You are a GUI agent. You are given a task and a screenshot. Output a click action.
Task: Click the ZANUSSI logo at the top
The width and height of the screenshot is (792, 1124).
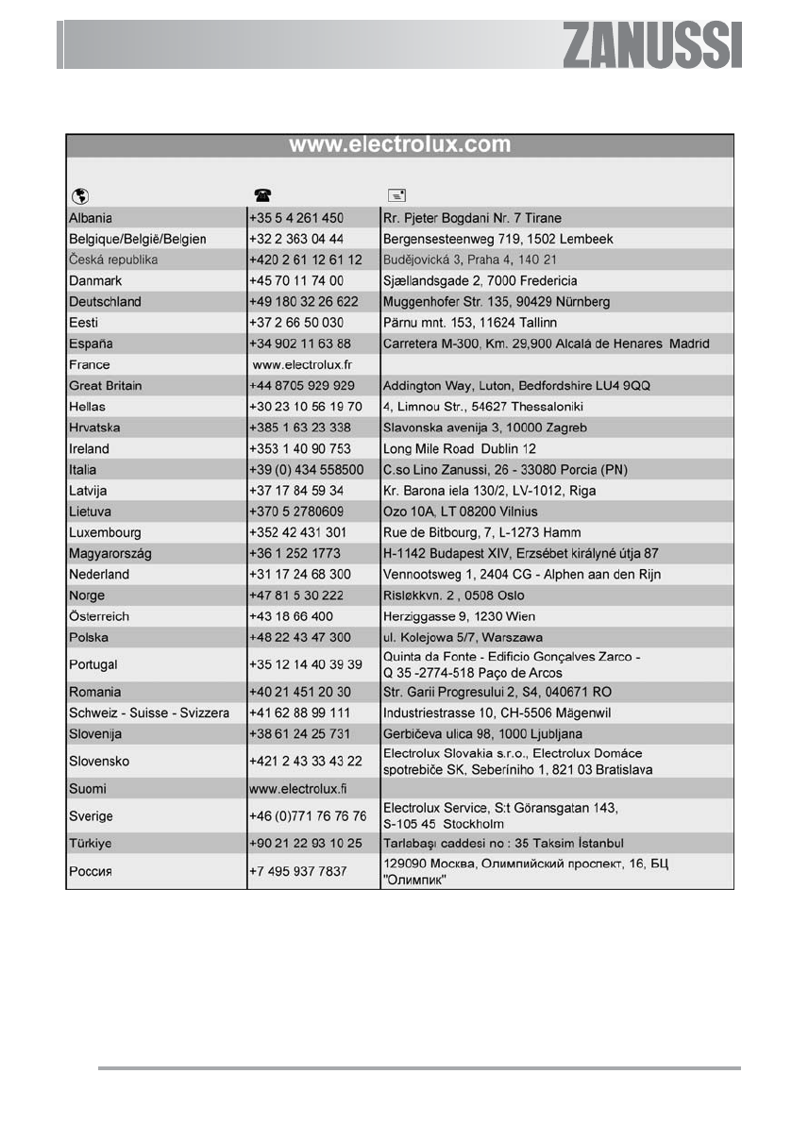coord(652,45)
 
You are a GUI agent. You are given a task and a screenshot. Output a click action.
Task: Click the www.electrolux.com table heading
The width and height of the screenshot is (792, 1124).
coord(399,145)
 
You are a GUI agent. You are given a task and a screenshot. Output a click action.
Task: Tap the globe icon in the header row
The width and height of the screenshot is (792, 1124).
coord(80,195)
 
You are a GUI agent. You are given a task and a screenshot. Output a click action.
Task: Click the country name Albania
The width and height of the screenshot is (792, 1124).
coord(91,218)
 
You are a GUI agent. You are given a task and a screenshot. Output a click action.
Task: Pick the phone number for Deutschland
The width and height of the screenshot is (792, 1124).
coord(303,302)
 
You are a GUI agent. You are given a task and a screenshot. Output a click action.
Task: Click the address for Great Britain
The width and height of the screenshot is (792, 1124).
coord(515,386)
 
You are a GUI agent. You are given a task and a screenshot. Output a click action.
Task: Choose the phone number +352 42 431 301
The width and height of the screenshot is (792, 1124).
coord(297,532)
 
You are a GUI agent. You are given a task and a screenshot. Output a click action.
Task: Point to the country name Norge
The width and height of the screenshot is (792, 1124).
coord(87,596)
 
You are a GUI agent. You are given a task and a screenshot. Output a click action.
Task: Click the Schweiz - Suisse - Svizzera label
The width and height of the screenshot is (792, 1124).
coord(149,713)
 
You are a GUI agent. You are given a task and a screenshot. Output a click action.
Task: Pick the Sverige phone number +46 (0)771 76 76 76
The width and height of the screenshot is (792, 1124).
coord(308,815)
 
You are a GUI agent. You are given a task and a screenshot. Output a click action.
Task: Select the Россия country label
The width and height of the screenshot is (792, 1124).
coord(92,870)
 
